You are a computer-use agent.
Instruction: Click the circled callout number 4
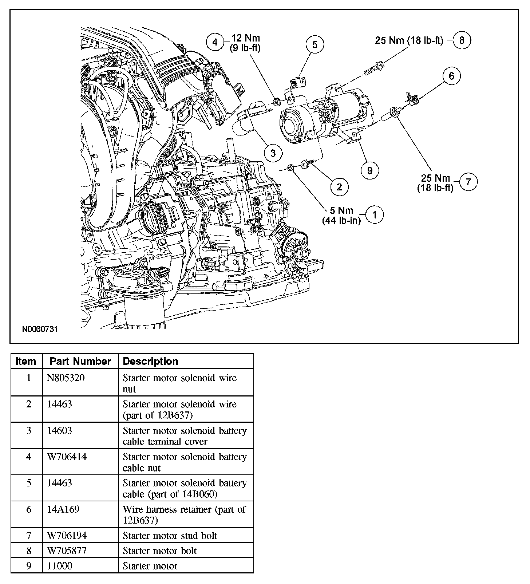point(215,42)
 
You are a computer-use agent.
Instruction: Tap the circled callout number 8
point(462,40)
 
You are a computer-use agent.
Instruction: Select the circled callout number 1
point(375,215)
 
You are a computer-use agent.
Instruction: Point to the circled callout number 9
point(370,170)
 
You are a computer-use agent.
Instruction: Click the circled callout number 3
point(273,153)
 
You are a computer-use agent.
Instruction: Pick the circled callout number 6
point(452,76)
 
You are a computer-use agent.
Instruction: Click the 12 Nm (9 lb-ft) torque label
point(245,43)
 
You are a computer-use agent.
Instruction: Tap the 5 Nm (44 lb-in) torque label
point(341,215)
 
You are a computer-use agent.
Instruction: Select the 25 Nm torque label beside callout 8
point(409,40)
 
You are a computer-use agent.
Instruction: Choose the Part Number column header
point(80,361)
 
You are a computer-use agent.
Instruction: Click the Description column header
point(151,361)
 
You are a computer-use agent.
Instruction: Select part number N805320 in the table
point(66,378)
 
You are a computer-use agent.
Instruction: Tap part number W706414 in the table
point(67,457)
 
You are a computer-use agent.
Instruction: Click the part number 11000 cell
point(60,566)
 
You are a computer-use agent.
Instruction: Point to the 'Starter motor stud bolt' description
point(170,536)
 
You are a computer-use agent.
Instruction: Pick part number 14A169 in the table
point(60,509)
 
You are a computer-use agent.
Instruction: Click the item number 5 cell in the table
point(29,483)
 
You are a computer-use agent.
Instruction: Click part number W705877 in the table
point(67,551)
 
